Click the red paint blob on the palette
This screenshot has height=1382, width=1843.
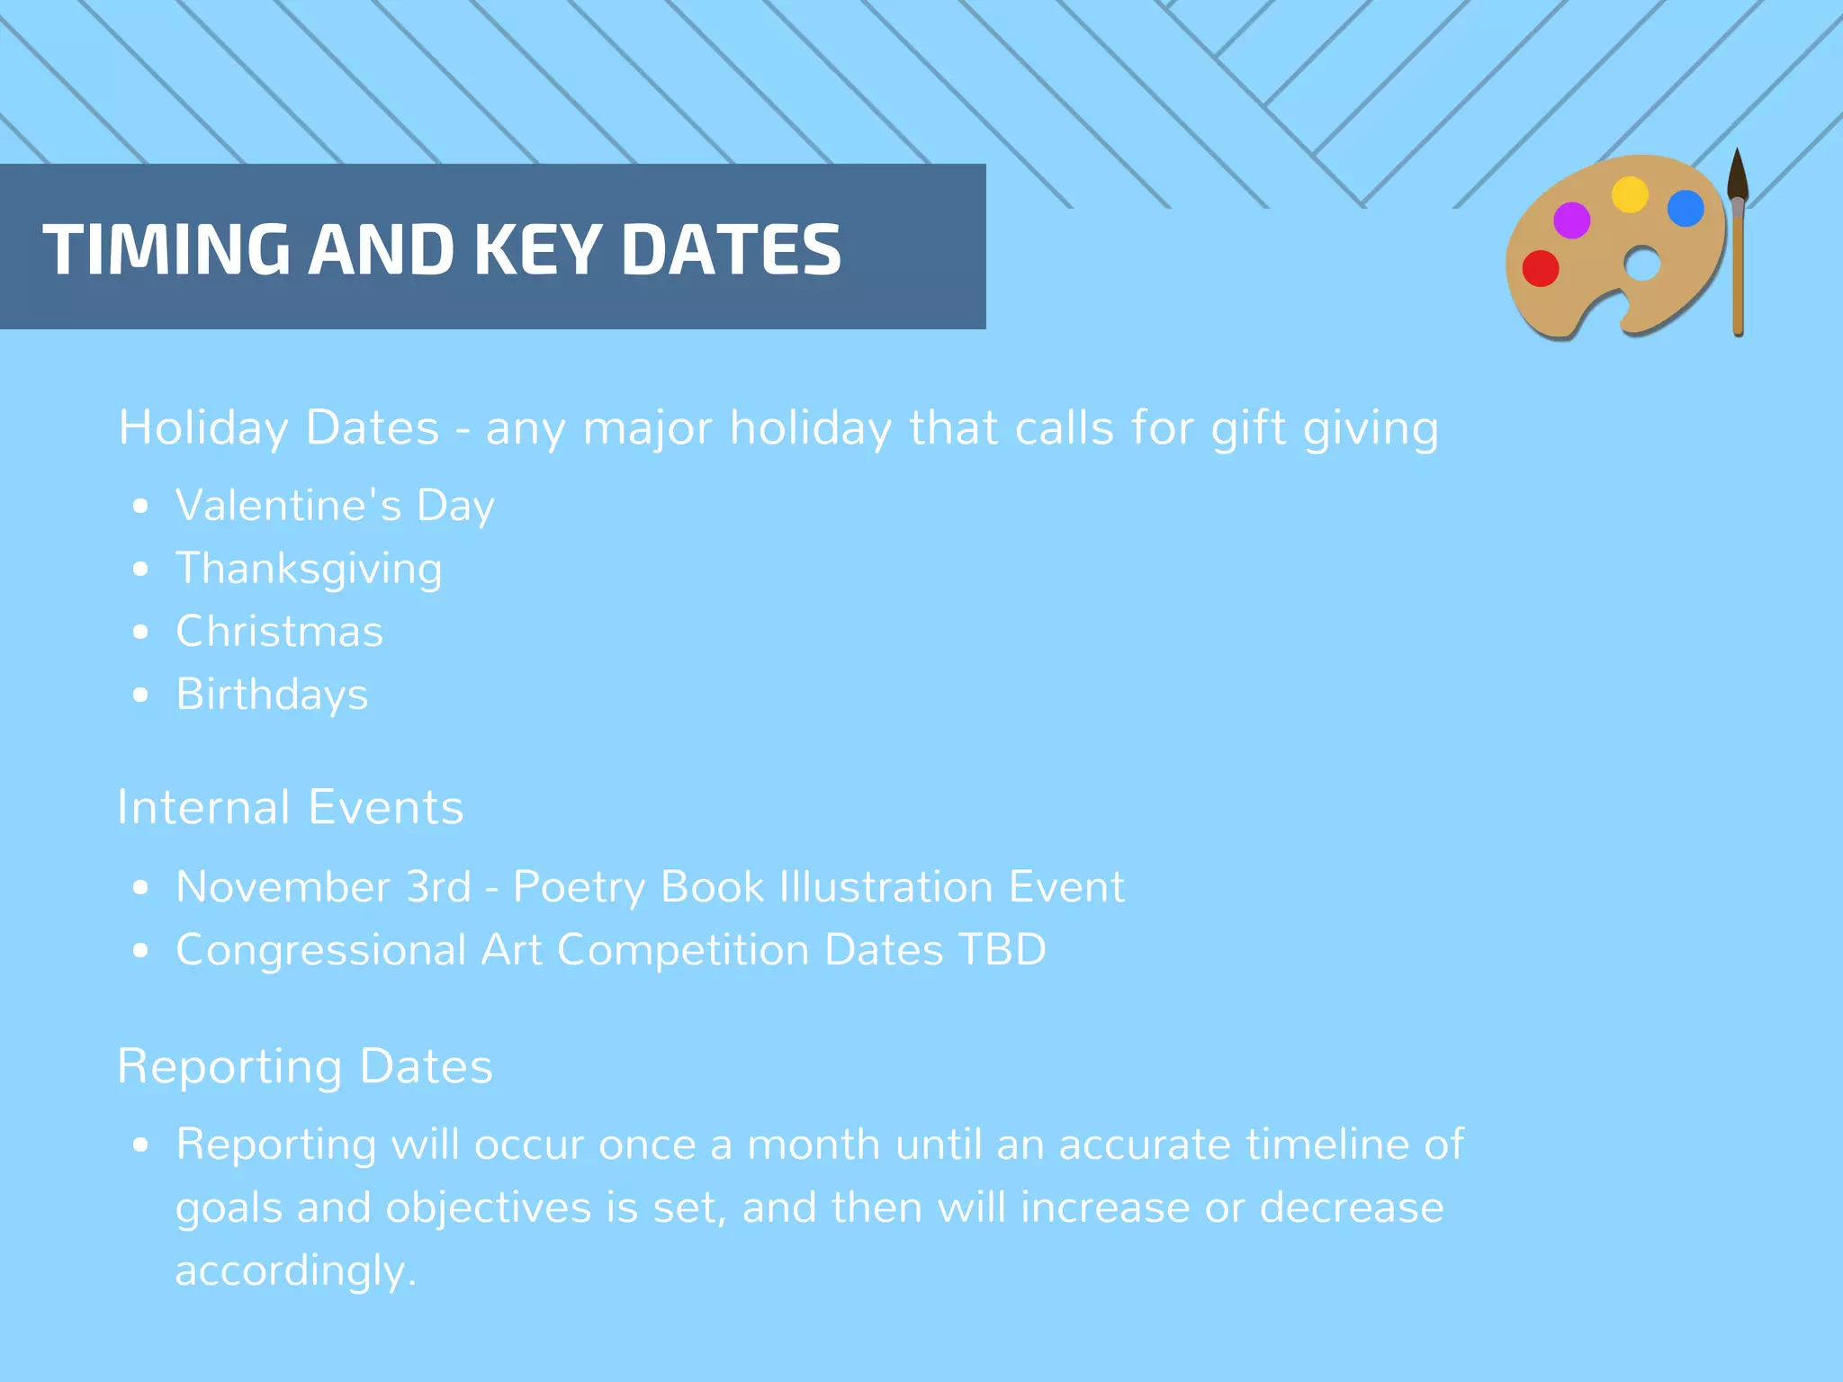click(x=1540, y=268)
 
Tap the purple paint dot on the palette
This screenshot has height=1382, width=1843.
click(x=1571, y=220)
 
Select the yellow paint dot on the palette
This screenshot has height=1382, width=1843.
click(x=1629, y=194)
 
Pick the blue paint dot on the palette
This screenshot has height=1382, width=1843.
click(x=1685, y=209)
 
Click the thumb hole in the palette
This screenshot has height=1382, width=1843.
click(x=1642, y=265)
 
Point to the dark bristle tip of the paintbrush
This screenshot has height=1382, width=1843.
click(x=1737, y=175)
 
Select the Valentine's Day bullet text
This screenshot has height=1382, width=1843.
click(x=335, y=506)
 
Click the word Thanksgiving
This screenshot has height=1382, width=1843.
click(x=309, y=569)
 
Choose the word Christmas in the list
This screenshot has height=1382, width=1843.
click(x=279, y=632)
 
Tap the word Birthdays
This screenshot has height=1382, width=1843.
click(x=272, y=695)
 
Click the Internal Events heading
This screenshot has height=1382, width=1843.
click(x=290, y=807)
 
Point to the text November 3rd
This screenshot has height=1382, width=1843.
click(x=323, y=887)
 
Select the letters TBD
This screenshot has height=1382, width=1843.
click(x=1002, y=950)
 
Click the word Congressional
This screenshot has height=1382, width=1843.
click(x=320, y=951)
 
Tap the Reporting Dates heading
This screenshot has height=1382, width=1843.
click(x=304, y=1066)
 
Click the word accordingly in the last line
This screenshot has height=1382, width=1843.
click(x=295, y=1271)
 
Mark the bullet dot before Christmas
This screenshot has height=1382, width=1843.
click(x=139, y=633)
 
